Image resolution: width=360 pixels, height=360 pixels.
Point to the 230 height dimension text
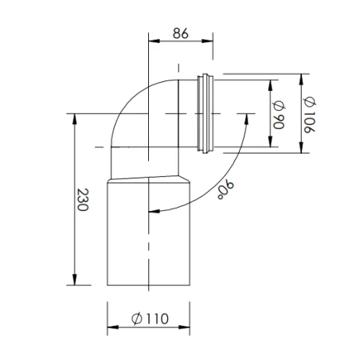(x=84, y=199)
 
